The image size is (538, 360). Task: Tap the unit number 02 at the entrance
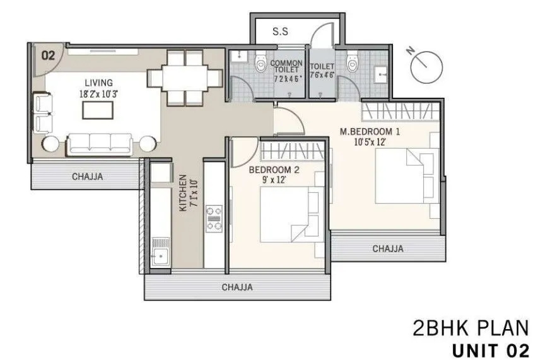pyautogui.click(x=48, y=55)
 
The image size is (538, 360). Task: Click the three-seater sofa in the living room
pyautogui.click(x=100, y=143)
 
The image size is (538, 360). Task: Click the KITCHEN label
pyautogui.click(x=184, y=194)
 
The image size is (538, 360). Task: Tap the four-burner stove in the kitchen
pyautogui.click(x=214, y=218)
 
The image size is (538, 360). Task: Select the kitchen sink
pyautogui.click(x=160, y=256)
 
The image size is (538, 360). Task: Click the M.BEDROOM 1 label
pyautogui.click(x=370, y=132)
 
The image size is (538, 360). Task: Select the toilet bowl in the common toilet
pyautogui.click(x=260, y=64)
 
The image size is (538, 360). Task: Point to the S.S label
pyautogui.click(x=281, y=32)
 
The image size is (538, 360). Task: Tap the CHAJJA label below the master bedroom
pyautogui.click(x=387, y=249)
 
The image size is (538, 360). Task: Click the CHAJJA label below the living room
pyautogui.click(x=88, y=177)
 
